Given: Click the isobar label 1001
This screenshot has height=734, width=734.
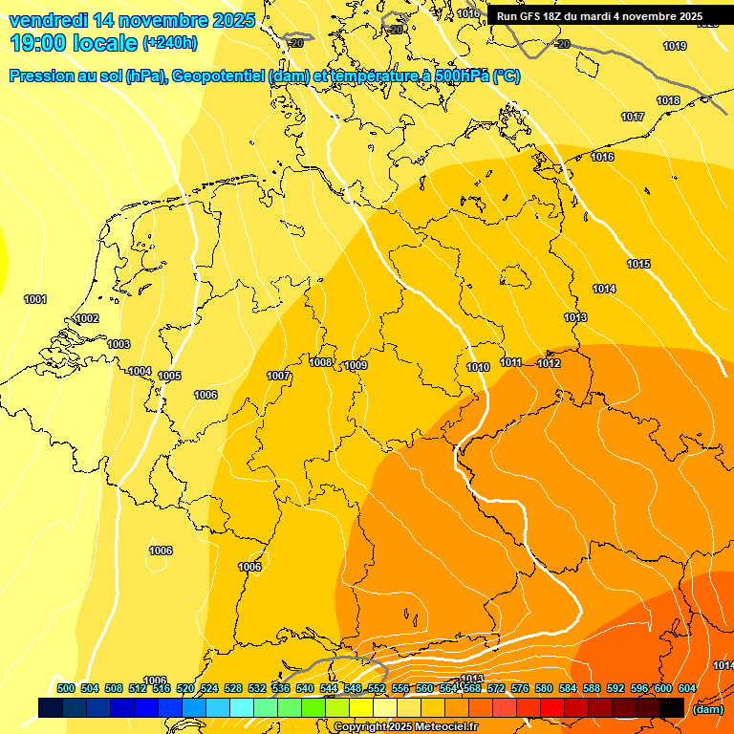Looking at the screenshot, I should point(35,299).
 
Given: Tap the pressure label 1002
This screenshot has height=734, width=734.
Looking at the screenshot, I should point(87,318).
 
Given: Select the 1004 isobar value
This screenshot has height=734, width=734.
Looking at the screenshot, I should point(140,371).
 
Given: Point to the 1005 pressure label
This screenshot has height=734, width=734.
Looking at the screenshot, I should point(170,376).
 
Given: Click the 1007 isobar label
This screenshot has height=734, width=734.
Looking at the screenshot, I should point(278,376).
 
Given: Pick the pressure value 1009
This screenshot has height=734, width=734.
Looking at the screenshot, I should point(356,365).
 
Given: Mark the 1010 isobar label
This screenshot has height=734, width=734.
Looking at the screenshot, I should point(478,367).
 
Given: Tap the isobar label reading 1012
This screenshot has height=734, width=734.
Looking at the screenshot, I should point(549,363).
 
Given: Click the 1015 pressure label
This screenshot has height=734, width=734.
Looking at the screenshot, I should point(638,264).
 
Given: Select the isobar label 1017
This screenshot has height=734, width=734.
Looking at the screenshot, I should point(633,117).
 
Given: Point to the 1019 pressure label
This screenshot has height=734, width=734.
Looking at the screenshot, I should point(675,46).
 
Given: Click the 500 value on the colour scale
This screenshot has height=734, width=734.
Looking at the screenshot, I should point(66,688).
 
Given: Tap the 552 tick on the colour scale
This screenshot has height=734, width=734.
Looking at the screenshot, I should point(377,688).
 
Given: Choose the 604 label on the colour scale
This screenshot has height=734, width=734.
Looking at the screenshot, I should point(687,688).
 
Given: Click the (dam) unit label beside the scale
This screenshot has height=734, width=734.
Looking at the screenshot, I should point(708,709).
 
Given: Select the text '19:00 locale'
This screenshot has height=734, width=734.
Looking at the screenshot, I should point(74,42).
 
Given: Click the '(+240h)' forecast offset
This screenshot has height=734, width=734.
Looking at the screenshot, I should point(170,42).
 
